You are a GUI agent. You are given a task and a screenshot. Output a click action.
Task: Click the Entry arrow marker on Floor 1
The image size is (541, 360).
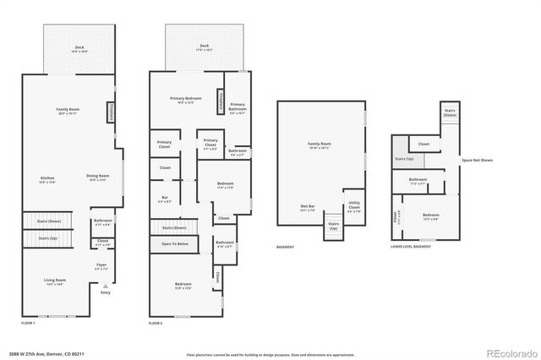tap(105, 286)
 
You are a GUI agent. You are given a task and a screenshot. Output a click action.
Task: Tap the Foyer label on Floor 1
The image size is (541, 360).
tap(101, 266)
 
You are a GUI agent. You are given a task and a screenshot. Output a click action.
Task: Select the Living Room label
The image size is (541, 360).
tap(55, 281)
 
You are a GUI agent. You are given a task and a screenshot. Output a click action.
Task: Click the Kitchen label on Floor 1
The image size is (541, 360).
tap(47, 178)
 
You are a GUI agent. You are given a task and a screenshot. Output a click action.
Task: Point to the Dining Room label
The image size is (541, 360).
tap(97, 177)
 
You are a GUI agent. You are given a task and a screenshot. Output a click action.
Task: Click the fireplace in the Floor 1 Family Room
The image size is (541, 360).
tap(110, 112)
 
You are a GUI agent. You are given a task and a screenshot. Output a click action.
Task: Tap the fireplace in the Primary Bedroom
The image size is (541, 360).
tap(220, 101)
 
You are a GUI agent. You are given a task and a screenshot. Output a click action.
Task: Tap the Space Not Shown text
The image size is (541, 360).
tap(477, 160)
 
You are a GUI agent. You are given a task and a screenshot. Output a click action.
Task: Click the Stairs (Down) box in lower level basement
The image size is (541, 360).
tap(450, 113)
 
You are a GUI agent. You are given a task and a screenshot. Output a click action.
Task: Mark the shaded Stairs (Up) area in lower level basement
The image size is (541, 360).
tap(405, 159)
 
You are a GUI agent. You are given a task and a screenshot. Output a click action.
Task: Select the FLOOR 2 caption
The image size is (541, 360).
tap(156, 324)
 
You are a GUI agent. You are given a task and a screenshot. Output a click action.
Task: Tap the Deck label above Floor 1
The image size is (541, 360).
tap(79, 48)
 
